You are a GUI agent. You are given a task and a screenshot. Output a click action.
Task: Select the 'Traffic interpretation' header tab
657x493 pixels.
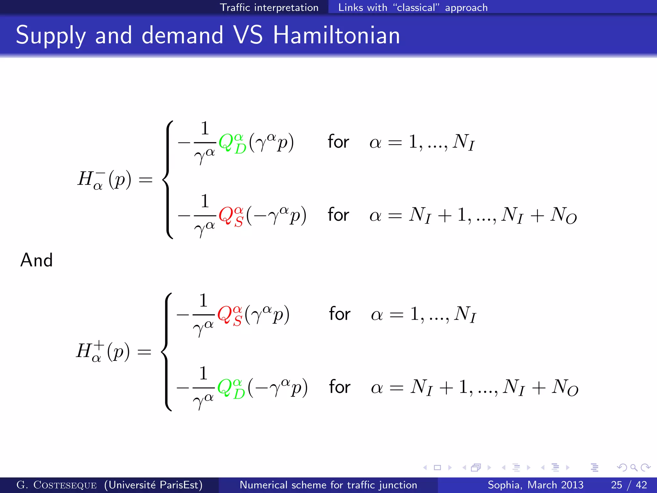pos(269,7)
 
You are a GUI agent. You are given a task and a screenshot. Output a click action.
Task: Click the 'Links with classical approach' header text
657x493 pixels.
pos(413,7)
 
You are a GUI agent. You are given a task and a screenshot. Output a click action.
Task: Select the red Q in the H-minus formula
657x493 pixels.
pos(226,215)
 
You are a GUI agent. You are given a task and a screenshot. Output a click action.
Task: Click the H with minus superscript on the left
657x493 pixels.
pos(86,179)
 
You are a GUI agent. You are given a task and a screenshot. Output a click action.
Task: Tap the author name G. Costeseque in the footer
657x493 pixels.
pos(56,485)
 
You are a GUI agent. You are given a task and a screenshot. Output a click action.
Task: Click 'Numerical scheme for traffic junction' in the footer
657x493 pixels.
pos(328,485)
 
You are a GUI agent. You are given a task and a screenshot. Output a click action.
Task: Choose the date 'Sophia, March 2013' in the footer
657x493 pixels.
pos(535,485)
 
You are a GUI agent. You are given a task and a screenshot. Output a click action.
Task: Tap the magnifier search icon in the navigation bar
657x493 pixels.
pos(634,467)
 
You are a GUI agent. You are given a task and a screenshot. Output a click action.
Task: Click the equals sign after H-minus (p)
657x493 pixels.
pos(145,179)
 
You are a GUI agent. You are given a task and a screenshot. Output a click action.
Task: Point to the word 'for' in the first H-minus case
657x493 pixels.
pos(338,142)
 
